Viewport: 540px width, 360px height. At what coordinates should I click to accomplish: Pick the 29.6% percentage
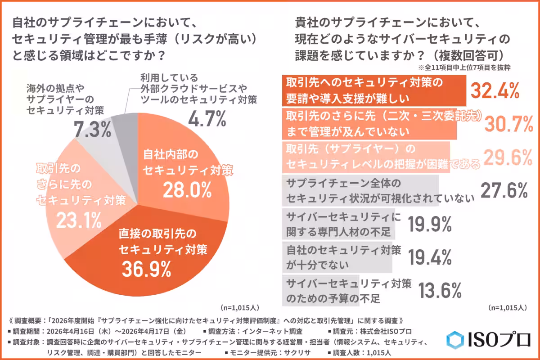click(504, 157)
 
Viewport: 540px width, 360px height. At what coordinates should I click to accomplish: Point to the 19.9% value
click(430, 224)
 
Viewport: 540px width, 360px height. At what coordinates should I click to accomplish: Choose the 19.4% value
click(430, 257)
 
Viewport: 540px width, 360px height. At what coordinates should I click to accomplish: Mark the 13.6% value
click(441, 290)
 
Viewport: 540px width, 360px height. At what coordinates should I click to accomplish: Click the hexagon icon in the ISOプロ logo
click(455, 340)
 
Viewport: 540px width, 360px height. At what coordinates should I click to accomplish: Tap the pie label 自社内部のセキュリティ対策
click(186, 162)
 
